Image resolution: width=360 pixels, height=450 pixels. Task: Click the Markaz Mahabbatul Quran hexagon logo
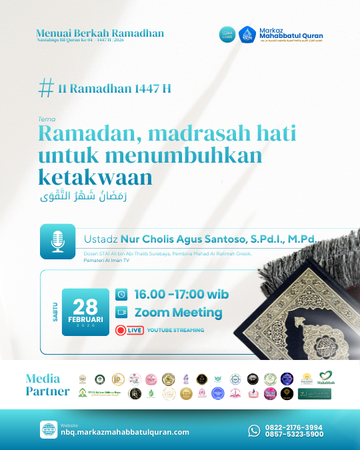pos(247,35)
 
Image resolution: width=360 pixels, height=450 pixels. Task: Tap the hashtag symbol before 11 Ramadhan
pos(46,88)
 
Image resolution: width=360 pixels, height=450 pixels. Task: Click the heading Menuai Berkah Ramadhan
pos(100,33)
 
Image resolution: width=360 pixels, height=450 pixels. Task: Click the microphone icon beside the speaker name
pos(57,241)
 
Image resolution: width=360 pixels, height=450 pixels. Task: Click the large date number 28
pos(85,306)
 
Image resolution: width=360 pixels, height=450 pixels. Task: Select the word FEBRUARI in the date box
pos(85,319)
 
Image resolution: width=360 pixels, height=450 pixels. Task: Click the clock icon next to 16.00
pos(121,294)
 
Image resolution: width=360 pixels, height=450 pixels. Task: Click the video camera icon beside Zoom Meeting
pos(121,312)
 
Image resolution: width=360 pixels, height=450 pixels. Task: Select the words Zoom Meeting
pos(178,312)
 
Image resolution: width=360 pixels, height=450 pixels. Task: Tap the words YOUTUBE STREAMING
pos(175,330)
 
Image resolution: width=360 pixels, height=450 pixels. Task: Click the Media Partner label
pos(47,385)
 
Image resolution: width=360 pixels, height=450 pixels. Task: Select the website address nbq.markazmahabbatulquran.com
pos(125,432)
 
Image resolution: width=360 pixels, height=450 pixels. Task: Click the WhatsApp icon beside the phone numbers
pos(254,431)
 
